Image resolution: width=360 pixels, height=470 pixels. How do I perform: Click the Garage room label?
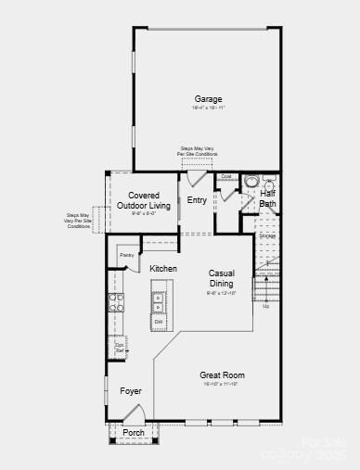pos(208,99)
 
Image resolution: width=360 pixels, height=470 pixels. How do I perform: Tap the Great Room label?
pos(222,375)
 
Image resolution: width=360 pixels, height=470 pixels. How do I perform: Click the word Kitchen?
pos(163,269)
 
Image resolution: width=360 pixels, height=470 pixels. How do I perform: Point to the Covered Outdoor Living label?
pos(149,200)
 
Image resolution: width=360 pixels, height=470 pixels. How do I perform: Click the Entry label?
pos(197,200)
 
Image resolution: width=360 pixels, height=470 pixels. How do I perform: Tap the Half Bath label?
pos(267,198)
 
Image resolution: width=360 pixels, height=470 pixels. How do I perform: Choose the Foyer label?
pos(131,391)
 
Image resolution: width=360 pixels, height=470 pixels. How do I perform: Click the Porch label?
pos(134,432)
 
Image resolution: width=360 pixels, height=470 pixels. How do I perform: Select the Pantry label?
pos(126,254)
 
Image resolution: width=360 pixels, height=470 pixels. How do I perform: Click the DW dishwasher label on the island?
pos(159,322)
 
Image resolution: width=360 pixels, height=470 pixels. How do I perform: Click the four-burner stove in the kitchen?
pos(117,301)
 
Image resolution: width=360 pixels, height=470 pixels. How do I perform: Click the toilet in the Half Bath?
pos(252,182)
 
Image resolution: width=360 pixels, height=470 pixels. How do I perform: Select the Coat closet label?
pos(225,176)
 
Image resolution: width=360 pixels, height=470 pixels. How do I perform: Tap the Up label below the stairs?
pos(265,306)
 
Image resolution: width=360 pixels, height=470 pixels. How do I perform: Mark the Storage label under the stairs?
pos(267,235)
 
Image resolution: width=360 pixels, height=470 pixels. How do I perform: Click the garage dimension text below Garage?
pos(208,108)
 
